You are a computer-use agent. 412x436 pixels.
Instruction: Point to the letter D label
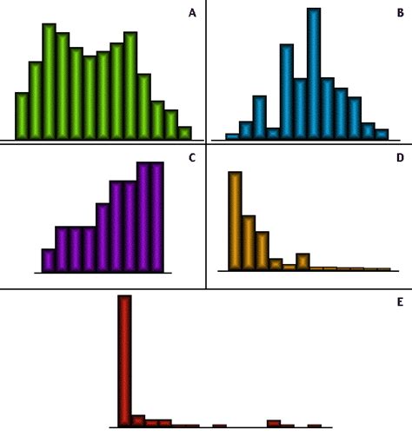click(399, 158)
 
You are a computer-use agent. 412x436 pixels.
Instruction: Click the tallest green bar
click(49, 82)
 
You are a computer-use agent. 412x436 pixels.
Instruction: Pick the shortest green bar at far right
click(184, 133)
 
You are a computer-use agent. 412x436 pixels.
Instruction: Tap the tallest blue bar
click(314, 74)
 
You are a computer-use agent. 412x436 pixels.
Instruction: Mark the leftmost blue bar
click(232, 136)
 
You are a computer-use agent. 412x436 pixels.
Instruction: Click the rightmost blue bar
click(382, 134)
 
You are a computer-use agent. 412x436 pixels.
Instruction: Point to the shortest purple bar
click(49, 261)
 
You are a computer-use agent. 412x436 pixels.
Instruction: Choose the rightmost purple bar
click(156, 217)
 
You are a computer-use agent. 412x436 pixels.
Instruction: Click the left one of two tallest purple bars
click(143, 217)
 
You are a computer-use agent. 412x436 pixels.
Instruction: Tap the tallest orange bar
click(235, 221)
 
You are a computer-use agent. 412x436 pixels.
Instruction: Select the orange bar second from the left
click(249, 242)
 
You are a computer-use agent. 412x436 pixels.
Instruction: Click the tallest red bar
click(124, 360)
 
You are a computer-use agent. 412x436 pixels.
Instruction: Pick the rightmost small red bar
click(314, 426)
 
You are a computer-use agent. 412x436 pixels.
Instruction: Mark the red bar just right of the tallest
click(138, 421)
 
